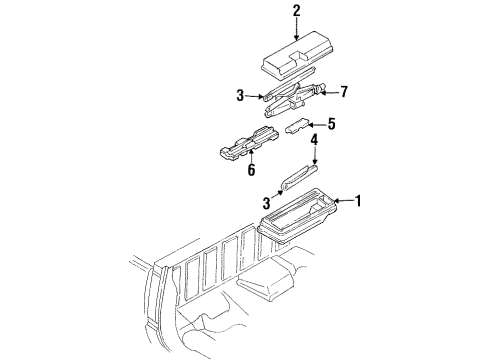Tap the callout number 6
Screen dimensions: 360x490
251,170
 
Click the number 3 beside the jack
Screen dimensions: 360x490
240,96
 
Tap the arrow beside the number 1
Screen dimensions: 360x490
342,200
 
